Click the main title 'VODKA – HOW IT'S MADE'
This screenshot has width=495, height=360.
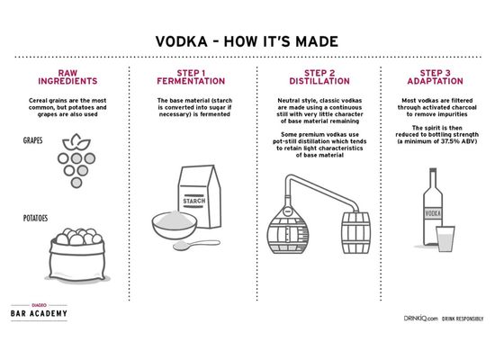coord(247,43)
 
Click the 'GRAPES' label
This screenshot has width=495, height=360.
coord(34,142)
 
